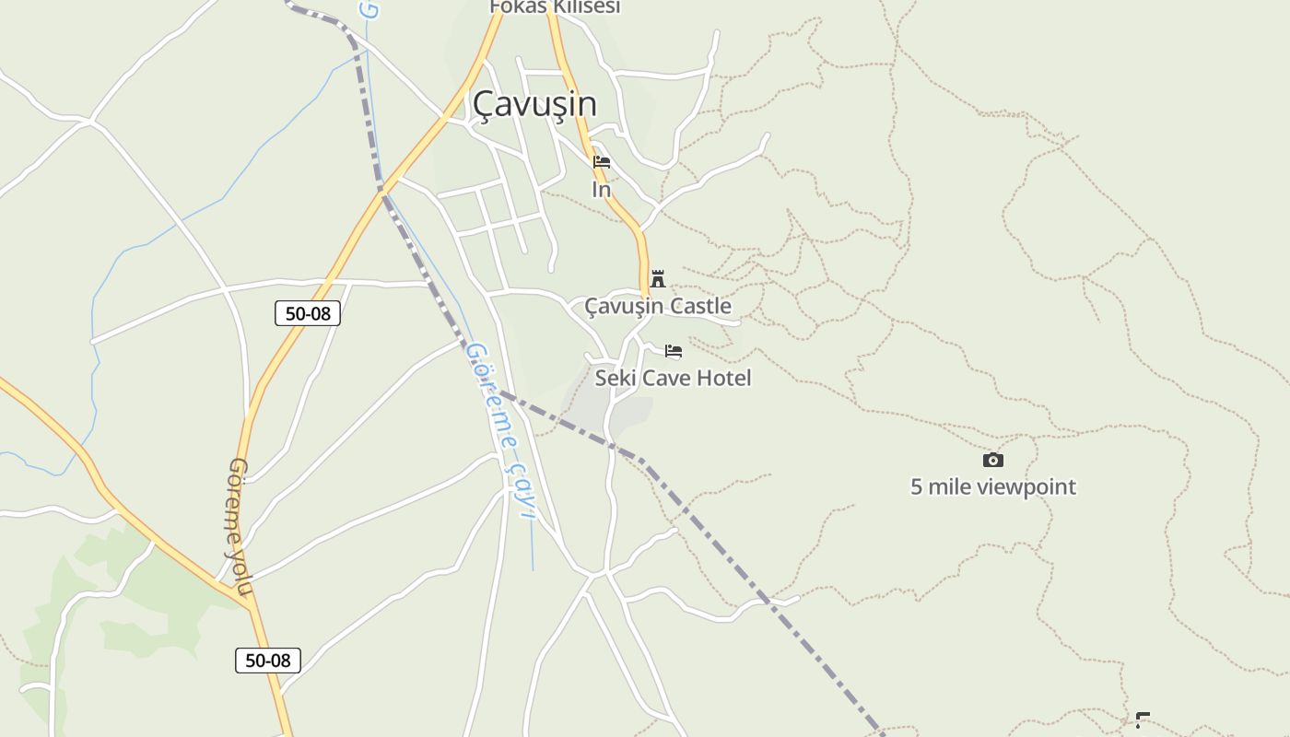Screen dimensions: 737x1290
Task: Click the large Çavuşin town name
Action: tap(534, 104)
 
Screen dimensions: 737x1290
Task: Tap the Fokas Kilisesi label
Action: tap(554, 7)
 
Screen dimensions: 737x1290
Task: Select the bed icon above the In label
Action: tap(602, 163)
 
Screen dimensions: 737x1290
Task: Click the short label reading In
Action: tap(601, 190)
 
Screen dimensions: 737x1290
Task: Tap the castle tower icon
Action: tap(658, 278)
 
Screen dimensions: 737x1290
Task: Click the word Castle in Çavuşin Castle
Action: tap(701, 306)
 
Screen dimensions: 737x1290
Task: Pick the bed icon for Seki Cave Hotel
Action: tap(674, 351)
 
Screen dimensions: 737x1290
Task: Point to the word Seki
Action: tap(615, 378)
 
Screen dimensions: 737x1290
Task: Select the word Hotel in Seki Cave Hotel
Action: tap(723, 378)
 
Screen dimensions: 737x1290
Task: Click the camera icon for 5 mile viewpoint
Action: tap(992, 460)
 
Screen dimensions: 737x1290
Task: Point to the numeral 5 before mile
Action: tap(917, 486)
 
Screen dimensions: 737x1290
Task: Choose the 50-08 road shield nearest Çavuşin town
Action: tap(308, 313)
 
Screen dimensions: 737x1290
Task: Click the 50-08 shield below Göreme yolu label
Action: tap(268, 661)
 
